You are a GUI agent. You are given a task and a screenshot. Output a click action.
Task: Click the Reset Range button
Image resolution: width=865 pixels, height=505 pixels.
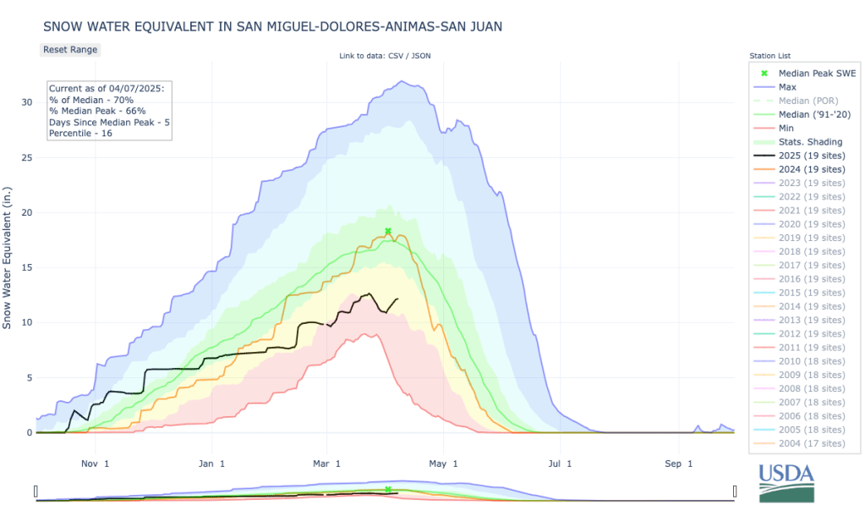71,49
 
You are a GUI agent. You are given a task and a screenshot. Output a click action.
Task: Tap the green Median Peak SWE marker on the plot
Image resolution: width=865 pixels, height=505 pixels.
388,231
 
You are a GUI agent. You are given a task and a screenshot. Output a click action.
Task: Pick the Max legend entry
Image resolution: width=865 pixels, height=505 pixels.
787,86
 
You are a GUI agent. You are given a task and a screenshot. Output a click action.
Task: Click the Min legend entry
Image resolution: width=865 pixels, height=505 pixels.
786,127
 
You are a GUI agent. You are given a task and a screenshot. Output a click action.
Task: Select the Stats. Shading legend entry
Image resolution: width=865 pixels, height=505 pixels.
810,141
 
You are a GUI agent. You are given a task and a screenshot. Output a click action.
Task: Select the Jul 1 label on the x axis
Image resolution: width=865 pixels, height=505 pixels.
559,464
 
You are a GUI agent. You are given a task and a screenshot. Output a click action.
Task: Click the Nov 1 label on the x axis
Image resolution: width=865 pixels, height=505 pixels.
95,464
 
